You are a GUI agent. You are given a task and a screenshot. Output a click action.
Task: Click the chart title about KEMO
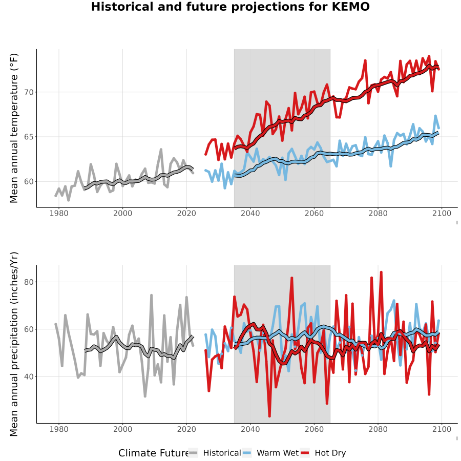(230, 7)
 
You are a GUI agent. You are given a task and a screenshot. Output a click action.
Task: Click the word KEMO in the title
(350, 7)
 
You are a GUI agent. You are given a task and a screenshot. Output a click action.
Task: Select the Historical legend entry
(215, 453)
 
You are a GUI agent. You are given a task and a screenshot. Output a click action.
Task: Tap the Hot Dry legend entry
(323, 453)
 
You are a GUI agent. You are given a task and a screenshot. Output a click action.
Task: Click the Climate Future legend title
(154, 453)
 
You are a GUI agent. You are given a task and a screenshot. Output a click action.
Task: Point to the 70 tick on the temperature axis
(29, 92)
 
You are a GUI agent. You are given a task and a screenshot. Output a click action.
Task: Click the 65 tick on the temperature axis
(29, 137)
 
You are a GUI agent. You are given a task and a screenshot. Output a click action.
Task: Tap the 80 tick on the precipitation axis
(29, 282)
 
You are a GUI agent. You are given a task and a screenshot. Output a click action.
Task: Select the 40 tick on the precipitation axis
(29, 376)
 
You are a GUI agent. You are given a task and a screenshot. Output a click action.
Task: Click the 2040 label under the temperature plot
(250, 213)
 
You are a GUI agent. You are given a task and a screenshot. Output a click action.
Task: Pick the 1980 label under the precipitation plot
(59, 429)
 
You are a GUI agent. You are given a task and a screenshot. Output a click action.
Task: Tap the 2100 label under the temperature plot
(442, 213)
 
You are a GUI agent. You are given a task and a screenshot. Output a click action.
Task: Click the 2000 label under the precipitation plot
(122, 429)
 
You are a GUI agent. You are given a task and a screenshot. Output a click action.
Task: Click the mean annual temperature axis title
(14, 128)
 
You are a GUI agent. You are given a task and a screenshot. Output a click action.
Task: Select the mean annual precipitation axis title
(14, 344)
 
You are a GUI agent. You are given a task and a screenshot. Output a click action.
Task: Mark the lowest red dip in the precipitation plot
(269, 416)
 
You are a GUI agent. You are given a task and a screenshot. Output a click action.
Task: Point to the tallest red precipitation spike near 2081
(381, 273)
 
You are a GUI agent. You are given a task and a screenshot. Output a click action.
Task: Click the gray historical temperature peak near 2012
(161, 150)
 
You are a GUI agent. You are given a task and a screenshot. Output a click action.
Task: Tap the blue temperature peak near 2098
(435, 116)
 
